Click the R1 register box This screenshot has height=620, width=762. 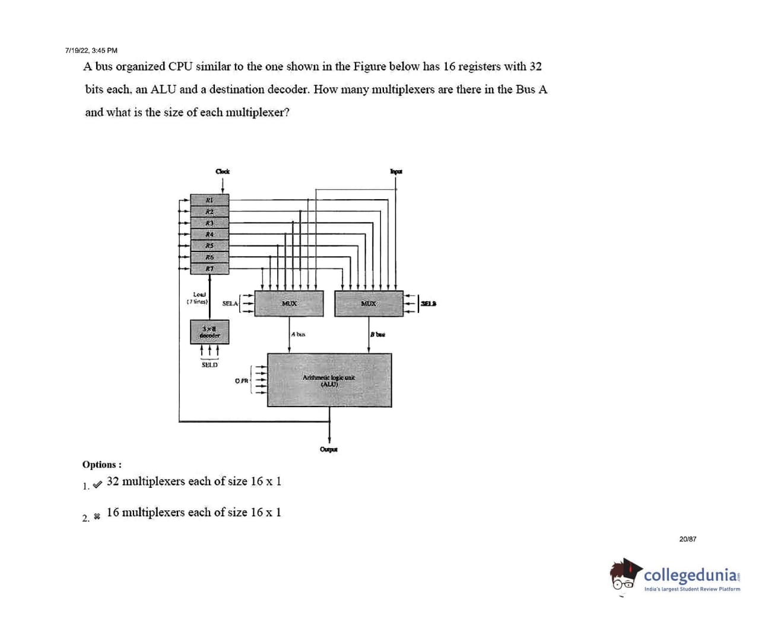pyautogui.click(x=209, y=200)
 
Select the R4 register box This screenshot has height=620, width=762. pyautogui.click(x=209, y=234)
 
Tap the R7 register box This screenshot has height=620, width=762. pyautogui.click(x=209, y=269)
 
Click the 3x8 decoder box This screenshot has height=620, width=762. pyautogui.click(x=209, y=332)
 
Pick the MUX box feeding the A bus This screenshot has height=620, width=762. pyautogui.click(x=289, y=303)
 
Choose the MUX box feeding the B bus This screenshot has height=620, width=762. pyautogui.click(x=369, y=303)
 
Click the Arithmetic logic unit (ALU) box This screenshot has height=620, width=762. pyautogui.click(x=329, y=380)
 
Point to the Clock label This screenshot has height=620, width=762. pyautogui.click(x=223, y=171)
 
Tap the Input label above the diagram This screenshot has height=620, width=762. pyautogui.click(x=396, y=171)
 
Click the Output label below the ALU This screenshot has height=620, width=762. pyautogui.click(x=329, y=449)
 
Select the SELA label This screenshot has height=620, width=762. pyautogui.click(x=230, y=303)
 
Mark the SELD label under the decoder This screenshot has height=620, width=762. pyautogui.click(x=209, y=365)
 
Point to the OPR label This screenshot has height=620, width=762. pyautogui.click(x=242, y=381)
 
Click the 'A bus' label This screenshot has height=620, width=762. pyautogui.click(x=299, y=335)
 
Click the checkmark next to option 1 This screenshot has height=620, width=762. pyautogui.click(x=97, y=483)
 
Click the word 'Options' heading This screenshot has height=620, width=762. pyautogui.click(x=101, y=465)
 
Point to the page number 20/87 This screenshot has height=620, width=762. pyautogui.click(x=688, y=539)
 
